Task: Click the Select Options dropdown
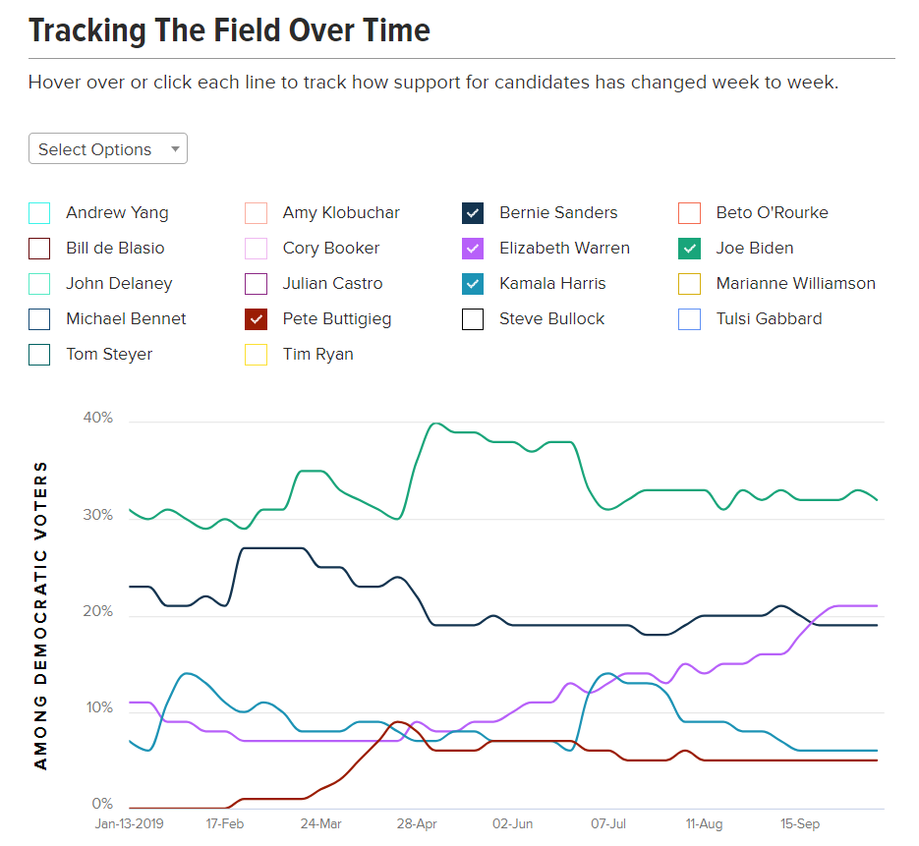pos(108,149)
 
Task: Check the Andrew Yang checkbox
pos(39,213)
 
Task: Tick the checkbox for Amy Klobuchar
pos(256,213)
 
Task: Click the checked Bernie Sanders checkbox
pos(473,213)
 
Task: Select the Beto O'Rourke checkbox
pos(689,213)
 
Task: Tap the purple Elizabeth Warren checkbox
pos(473,249)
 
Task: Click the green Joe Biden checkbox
pos(689,249)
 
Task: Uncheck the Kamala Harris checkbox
pos(473,284)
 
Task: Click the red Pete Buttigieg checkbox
pos(256,319)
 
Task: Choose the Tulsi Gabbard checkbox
pos(689,319)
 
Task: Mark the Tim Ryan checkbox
pos(256,355)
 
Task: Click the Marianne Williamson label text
pos(795,284)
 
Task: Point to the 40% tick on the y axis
pos(98,419)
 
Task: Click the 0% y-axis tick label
pos(103,804)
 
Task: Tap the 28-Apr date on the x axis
pos(417,824)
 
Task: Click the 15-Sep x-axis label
pos(800,824)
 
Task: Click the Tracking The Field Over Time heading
pos(229,30)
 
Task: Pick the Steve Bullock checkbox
pos(473,319)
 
